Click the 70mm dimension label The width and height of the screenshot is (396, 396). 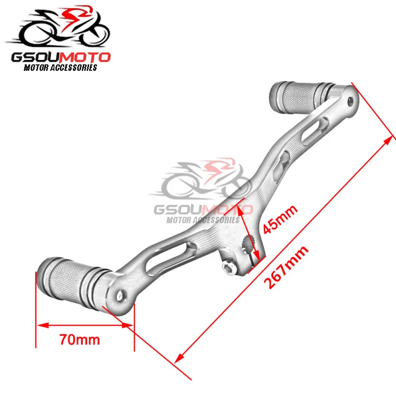(79, 340)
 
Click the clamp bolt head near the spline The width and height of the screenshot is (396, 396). (228, 268)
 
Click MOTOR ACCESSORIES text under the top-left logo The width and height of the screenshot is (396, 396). (60, 68)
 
